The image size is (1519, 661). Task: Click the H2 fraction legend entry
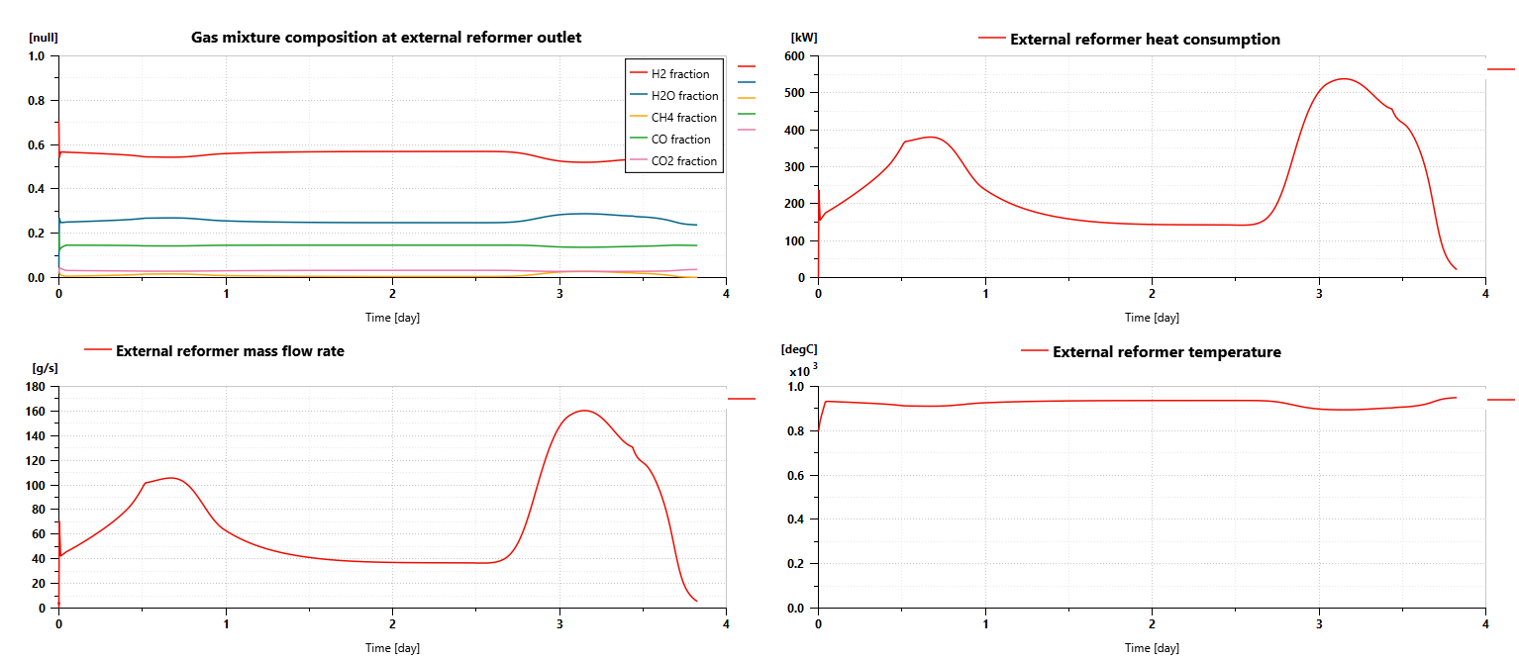pos(679,74)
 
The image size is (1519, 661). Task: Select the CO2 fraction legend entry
pos(683,161)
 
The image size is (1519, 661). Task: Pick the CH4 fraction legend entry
pos(683,118)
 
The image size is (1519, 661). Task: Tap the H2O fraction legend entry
pos(684,96)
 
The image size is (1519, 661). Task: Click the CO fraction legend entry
pos(680,140)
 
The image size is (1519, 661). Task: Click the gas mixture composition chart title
pos(386,38)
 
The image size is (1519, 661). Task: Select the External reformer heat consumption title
pos(1145,40)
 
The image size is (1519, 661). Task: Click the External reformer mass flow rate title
pos(230,350)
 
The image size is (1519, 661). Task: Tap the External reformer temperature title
pos(1166,352)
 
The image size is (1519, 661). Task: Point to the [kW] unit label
pos(804,38)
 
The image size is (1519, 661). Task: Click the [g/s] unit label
pos(45,368)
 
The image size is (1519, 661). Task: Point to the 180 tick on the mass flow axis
pos(37,387)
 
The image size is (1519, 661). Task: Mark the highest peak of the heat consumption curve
pos(1343,78)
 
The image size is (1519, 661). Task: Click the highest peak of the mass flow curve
pos(583,410)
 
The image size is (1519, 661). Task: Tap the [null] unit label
pos(45,38)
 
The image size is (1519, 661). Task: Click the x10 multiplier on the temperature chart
pos(800,372)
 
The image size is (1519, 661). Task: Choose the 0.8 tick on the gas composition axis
pos(37,101)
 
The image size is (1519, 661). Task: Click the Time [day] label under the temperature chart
pos(1152,648)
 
